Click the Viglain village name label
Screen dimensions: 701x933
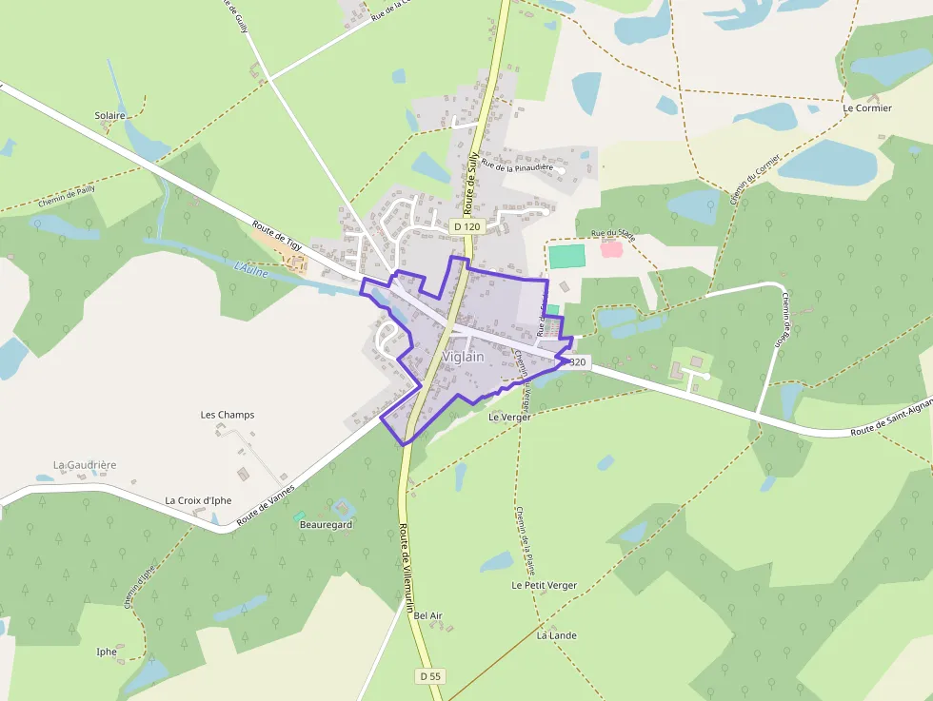click(463, 357)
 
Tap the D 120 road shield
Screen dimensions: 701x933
click(466, 226)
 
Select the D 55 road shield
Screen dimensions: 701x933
click(429, 675)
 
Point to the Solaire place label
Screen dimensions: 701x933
click(109, 115)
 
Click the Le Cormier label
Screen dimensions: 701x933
click(867, 108)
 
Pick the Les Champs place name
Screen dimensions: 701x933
click(228, 415)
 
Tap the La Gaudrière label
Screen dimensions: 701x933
click(85, 465)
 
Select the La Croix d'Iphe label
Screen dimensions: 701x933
click(198, 500)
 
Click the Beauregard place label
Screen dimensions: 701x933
click(327, 524)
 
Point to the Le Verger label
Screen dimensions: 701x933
click(508, 417)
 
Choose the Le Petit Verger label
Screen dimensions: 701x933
click(544, 585)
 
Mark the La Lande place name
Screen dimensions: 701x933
click(557, 635)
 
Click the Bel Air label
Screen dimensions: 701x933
click(428, 615)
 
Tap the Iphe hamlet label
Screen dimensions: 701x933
click(107, 652)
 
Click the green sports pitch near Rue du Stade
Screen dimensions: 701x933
click(566, 256)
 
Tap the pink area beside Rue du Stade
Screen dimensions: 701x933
click(611, 249)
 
